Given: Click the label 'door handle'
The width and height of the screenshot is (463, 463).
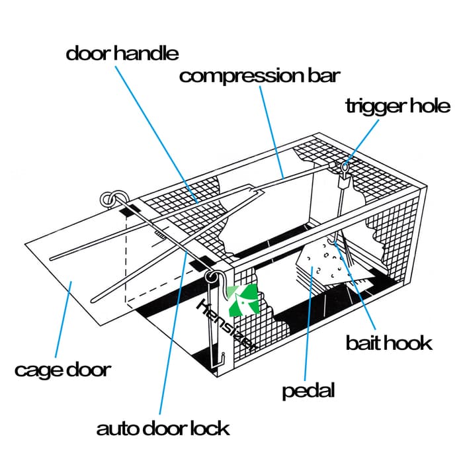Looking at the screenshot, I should coord(122,52).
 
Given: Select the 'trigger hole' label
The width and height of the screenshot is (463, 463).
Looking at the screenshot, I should coord(398,105).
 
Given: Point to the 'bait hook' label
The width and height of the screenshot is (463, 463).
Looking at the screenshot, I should coord(389,343).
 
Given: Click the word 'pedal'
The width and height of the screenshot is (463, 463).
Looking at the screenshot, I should coord(308,390).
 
